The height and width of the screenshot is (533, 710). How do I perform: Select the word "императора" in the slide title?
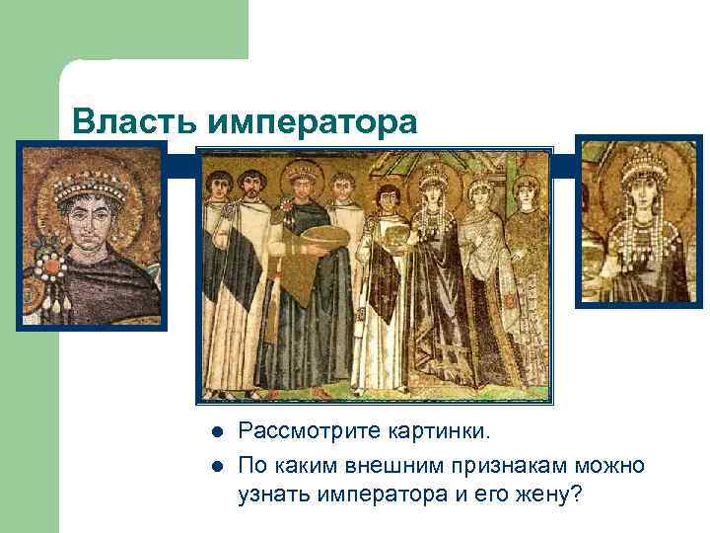(x=314, y=122)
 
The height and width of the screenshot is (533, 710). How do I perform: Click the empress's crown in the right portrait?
(x=640, y=161)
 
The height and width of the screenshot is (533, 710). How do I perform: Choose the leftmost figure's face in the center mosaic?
(x=220, y=187)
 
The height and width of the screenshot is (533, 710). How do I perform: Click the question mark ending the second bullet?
(x=576, y=495)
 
